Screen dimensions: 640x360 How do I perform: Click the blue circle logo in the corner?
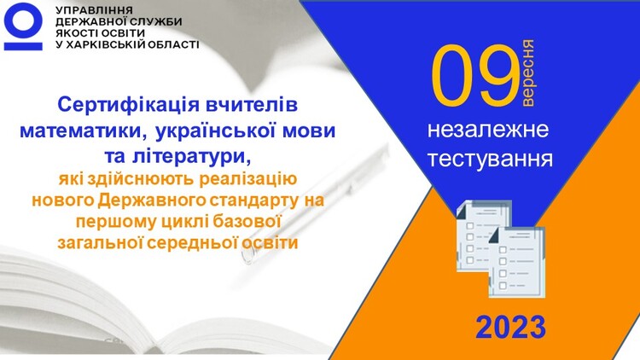(x=23, y=20)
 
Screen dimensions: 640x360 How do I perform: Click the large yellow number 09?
(x=474, y=75)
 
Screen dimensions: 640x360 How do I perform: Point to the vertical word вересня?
(x=527, y=73)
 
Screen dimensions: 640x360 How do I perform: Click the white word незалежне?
(x=488, y=130)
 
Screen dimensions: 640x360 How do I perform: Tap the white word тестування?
(x=490, y=159)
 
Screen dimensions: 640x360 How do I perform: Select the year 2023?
(x=510, y=327)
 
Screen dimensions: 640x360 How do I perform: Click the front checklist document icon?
(x=517, y=262)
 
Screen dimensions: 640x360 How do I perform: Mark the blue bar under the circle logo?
(x=23, y=46)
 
